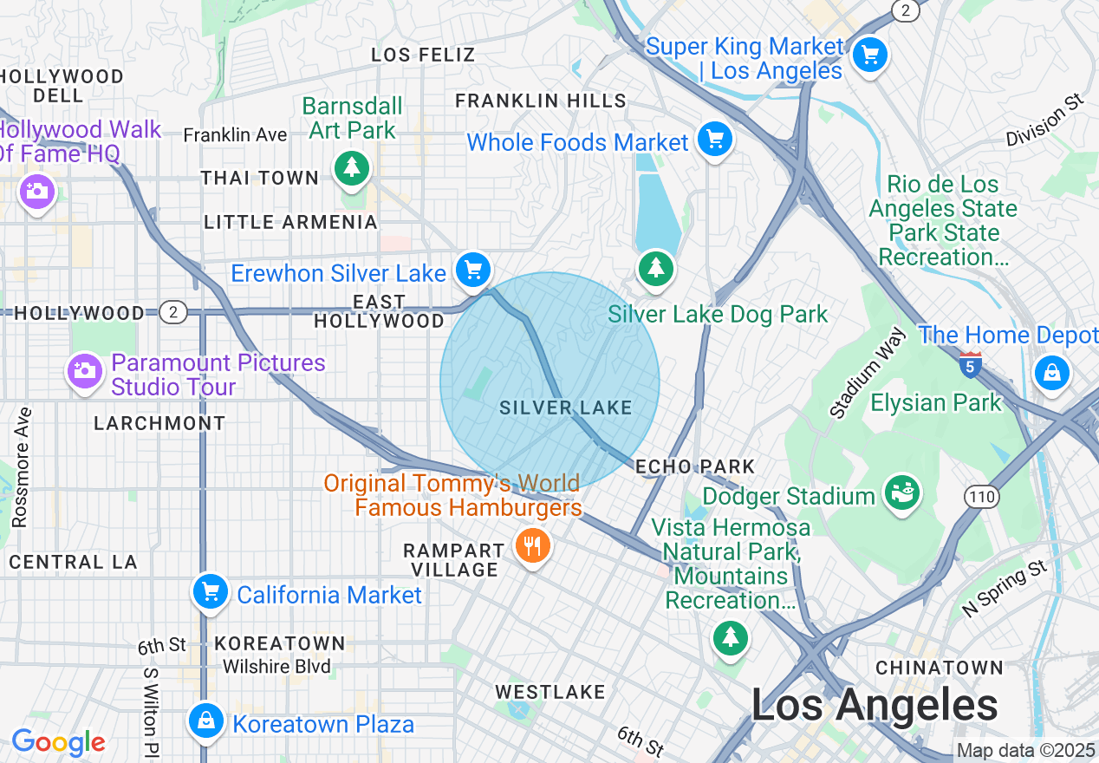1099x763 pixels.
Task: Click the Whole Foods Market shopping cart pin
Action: coord(714,140)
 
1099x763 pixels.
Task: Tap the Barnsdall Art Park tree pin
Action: coord(351,166)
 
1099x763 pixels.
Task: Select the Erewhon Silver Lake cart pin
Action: coord(473,270)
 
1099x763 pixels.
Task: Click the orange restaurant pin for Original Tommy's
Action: coord(532,546)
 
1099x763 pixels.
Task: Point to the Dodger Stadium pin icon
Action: coord(901,493)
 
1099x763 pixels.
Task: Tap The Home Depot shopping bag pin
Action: coord(1051,373)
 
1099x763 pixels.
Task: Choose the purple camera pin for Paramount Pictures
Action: coord(84,372)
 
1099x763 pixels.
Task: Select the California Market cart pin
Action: coord(210,592)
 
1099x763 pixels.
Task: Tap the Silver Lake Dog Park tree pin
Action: coord(656,268)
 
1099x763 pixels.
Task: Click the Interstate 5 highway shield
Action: coord(971,363)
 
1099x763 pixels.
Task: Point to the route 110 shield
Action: coord(982,497)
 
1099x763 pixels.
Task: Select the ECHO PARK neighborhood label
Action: coord(695,466)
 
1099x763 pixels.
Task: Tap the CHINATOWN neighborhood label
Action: coord(940,668)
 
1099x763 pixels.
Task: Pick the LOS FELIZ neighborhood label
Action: coord(423,55)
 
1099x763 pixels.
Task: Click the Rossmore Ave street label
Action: coord(21,467)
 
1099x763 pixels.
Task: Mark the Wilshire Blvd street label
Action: coord(277,667)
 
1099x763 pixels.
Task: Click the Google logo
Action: coord(58,742)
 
